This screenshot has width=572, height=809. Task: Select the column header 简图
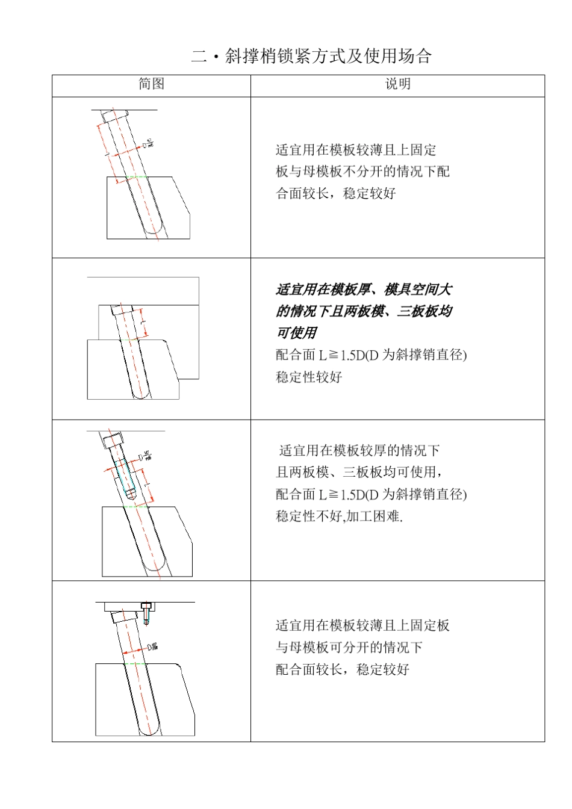coord(151,84)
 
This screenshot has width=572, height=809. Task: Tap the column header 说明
coord(397,84)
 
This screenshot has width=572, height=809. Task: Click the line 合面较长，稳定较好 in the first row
coord(336,194)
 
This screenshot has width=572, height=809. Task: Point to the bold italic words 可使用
coord(296,333)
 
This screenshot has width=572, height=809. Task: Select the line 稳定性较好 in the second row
coord(309,377)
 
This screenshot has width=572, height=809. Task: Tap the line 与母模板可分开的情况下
coord(349,648)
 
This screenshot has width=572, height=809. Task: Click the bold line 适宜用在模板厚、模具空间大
coord(364,290)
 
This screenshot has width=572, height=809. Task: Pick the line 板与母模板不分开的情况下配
coord(362,172)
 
